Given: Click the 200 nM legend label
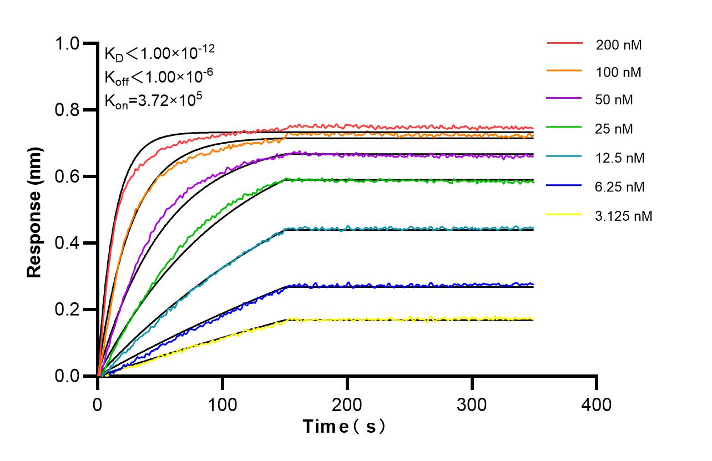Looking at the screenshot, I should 619,45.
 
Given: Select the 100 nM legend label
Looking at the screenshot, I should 619,72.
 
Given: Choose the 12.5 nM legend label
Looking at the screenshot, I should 620,158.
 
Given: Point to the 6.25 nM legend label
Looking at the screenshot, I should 620,187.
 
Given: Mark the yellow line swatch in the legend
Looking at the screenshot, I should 565,214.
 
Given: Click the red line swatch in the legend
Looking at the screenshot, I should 565,43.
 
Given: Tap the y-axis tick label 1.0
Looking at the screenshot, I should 68,44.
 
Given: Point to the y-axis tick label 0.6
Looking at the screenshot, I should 68,177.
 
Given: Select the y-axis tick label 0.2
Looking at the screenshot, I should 68,310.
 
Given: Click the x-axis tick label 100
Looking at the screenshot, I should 223,404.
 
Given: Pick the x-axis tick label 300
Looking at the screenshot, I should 472,404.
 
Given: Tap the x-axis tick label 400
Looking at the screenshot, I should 597,404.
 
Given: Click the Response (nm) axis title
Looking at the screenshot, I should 35,212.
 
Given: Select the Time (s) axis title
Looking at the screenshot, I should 344,427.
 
